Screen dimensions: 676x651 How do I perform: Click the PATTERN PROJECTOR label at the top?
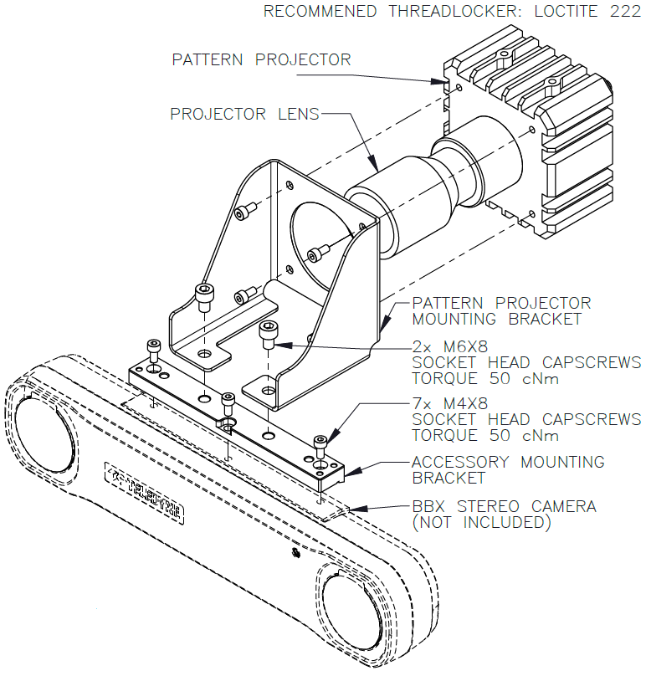tap(261, 59)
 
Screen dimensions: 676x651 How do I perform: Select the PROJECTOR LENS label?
tap(244, 114)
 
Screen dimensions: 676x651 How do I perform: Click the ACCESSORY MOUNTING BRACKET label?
tap(508, 469)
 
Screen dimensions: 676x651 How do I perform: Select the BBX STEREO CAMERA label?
tap(504, 506)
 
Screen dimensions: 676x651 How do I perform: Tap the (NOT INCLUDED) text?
tap(482, 523)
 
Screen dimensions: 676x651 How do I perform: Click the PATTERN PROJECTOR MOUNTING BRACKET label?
tap(501, 310)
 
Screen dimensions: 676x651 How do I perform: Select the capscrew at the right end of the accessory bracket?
tap(320, 444)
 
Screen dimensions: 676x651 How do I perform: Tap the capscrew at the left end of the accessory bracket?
tap(154, 348)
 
